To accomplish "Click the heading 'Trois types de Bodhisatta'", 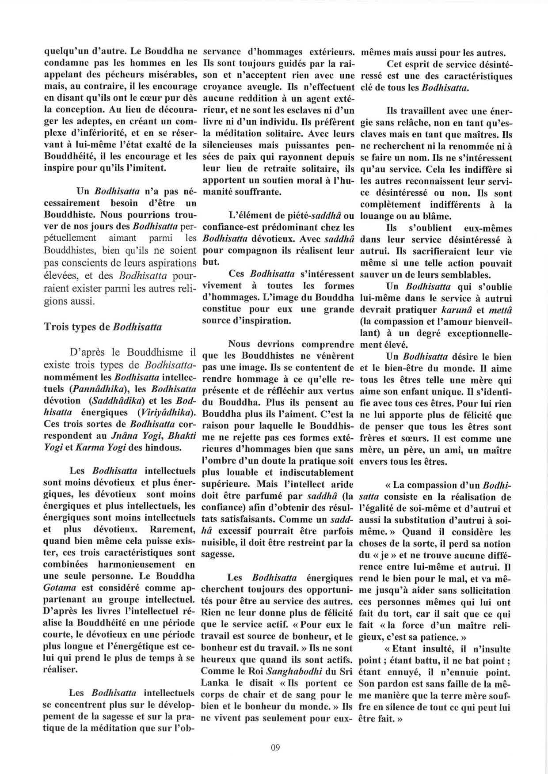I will [x=103, y=327].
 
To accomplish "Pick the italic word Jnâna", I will [x=122, y=436].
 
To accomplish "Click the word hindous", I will [x=164, y=447].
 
